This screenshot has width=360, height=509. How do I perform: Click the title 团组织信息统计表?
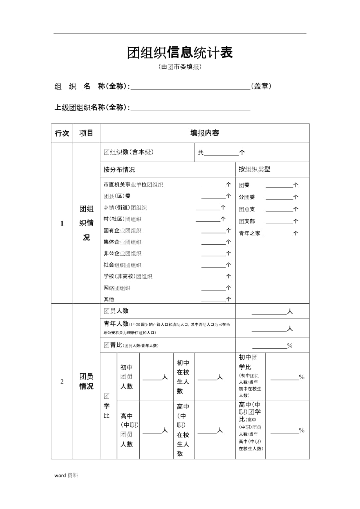[x=180, y=52]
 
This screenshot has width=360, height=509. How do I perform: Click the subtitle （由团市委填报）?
[x=180, y=67]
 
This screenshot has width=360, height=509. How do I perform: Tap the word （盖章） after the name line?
[x=262, y=86]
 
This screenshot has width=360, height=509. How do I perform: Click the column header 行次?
[x=62, y=133]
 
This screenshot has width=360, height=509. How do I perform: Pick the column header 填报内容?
[x=205, y=133]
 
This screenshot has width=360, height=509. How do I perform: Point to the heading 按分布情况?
[x=119, y=170]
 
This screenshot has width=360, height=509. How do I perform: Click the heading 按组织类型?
[x=254, y=169]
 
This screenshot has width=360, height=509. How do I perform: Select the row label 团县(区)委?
[x=117, y=196]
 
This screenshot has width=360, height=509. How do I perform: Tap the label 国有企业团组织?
[x=122, y=231]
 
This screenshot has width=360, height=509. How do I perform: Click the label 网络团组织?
[x=117, y=288]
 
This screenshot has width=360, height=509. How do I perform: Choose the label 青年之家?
[x=249, y=233]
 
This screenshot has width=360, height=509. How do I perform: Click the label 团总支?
[x=247, y=210]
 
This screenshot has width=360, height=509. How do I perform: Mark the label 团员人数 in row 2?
[x=116, y=311]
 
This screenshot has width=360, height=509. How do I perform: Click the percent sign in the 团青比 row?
[x=290, y=346]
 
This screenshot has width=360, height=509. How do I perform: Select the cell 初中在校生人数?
[x=183, y=377]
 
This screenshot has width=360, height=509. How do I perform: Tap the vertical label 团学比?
[x=107, y=406]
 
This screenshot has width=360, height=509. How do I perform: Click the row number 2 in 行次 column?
[x=62, y=382]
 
